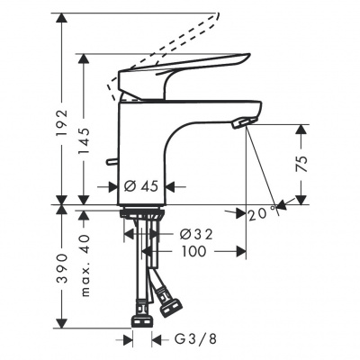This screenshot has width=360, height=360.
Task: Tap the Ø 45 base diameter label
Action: [x=142, y=187]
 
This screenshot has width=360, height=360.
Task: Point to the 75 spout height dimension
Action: [x=302, y=163]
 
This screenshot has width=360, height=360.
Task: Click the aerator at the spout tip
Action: [x=242, y=124]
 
